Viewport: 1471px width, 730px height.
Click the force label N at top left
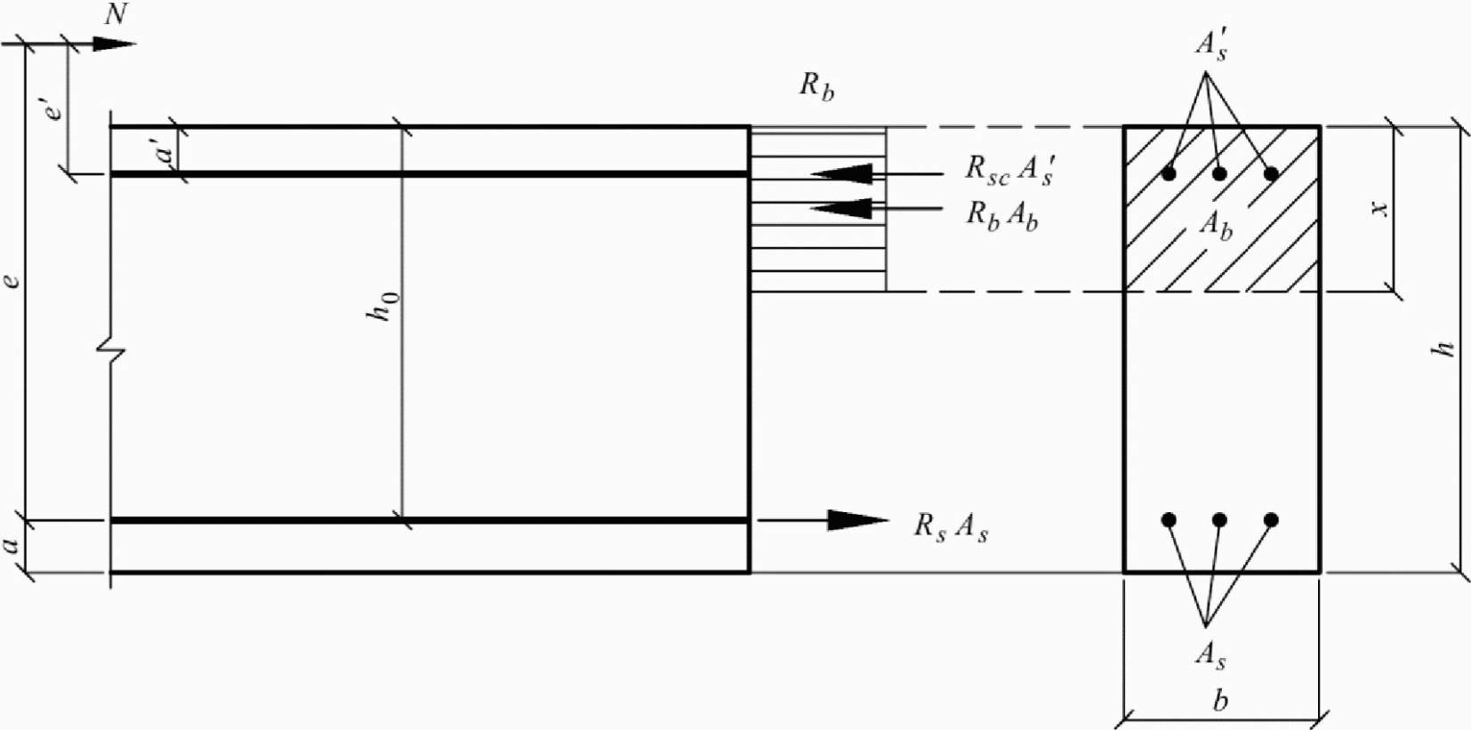click(x=116, y=15)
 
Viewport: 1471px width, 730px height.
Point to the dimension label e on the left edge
click(x=12, y=280)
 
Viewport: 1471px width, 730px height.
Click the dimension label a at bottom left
click(x=11, y=544)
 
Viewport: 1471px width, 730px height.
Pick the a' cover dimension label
click(x=165, y=151)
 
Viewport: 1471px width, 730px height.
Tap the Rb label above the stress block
click(x=816, y=86)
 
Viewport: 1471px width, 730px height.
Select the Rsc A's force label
click(x=1009, y=169)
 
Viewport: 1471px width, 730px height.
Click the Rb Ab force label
click(x=1002, y=215)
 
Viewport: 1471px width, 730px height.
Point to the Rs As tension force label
click(x=951, y=526)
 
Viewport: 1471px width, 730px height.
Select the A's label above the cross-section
click(x=1211, y=44)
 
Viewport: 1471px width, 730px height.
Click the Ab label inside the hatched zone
click(x=1216, y=223)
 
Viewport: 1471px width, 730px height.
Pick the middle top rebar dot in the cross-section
click(x=1219, y=173)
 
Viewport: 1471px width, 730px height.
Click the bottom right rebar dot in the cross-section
click(x=1271, y=520)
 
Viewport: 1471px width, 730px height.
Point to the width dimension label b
click(x=1220, y=701)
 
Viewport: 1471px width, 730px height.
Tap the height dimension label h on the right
click(x=1444, y=348)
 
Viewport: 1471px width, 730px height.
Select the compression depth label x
click(x=1379, y=208)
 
